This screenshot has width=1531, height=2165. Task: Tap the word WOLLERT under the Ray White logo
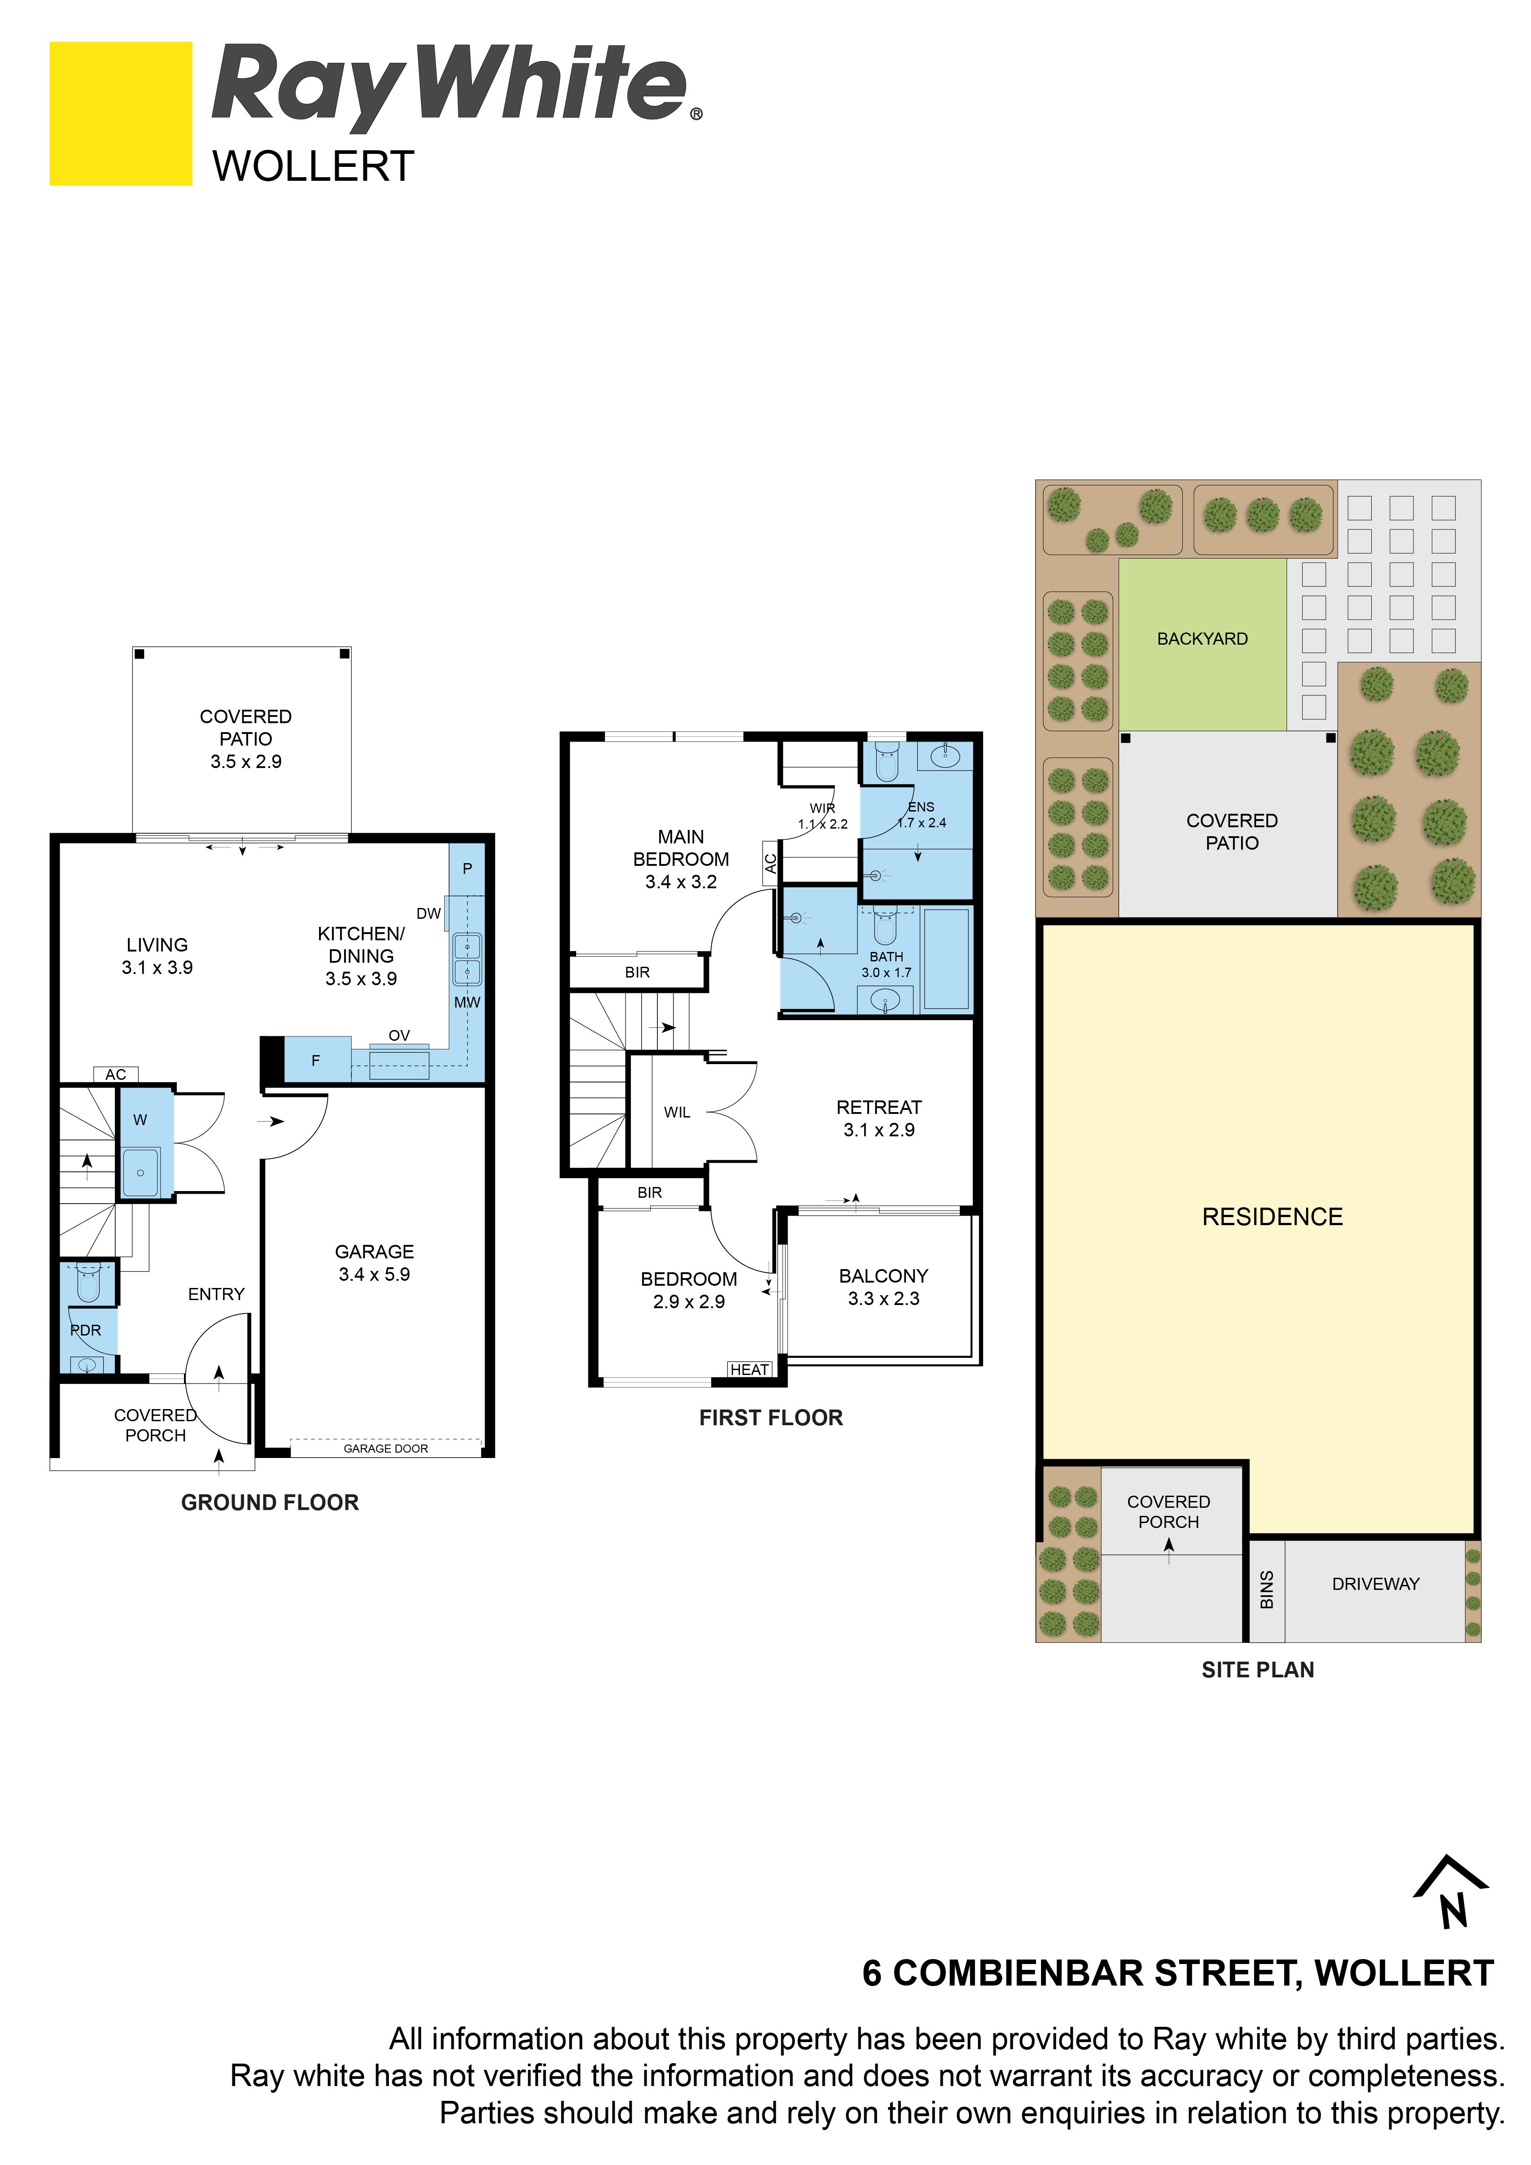click(313, 167)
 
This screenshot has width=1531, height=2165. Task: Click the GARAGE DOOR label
click(386, 1449)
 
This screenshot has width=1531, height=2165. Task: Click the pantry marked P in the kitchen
click(467, 869)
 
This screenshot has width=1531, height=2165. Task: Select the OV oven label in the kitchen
click(399, 1035)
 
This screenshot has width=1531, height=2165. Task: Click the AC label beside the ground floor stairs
click(116, 1074)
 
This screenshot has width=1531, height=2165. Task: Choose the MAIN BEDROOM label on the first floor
click(681, 859)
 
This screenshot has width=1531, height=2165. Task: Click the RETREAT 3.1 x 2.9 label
click(879, 1118)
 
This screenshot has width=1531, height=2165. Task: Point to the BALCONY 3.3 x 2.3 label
click(884, 1287)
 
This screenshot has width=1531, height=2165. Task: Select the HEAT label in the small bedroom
click(750, 1369)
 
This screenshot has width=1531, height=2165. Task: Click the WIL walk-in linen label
click(677, 1113)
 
